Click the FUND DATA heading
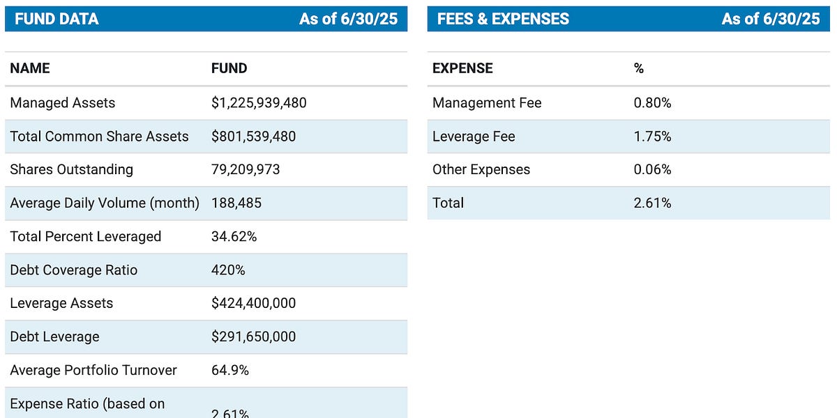coord(56,19)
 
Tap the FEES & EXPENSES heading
coord(503,19)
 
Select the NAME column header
coord(30,68)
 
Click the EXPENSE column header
coord(462,68)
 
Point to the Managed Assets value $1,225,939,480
coord(259,102)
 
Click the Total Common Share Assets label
coord(99,137)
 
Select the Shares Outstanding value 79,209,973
coord(246,169)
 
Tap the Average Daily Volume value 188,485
coord(236,203)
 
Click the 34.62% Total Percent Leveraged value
coord(234,237)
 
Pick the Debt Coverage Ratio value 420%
coord(228,270)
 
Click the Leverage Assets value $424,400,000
coord(254,303)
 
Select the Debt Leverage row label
coord(55,336)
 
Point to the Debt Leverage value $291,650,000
coord(254,336)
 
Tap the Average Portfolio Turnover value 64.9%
coord(230,370)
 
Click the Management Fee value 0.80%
coord(652,102)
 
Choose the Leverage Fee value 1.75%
coord(652,137)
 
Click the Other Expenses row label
coord(481,169)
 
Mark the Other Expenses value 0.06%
coord(652,169)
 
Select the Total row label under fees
coord(448,203)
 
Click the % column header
coord(639,68)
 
